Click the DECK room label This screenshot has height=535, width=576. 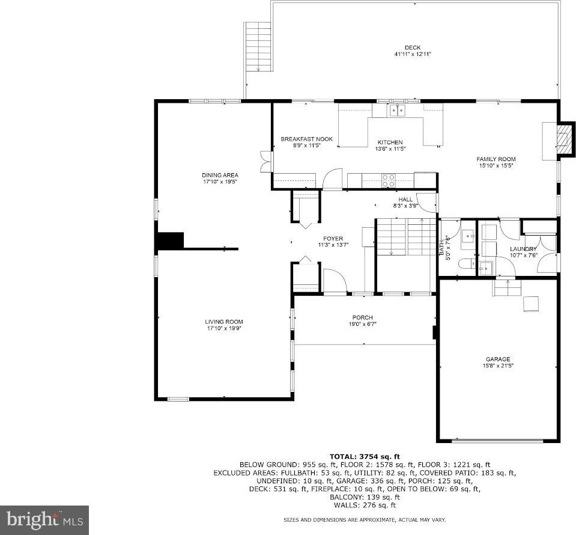coord(412,47)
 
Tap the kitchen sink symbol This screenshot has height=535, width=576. coord(397,110)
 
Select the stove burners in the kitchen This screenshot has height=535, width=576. coord(389,180)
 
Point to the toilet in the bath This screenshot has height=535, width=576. coord(466,264)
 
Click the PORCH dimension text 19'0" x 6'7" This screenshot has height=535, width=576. coord(363,324)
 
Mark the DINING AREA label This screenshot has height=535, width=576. coord(220,175)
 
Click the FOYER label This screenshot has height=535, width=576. coord(333,239)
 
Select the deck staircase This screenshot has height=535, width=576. coord(258,46)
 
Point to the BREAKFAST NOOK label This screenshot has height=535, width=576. coord(306,139)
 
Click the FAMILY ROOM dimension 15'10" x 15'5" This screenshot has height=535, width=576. coord(496,165)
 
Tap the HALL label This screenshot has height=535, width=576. coord(405,200)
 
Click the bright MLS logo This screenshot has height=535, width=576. coord(44,520)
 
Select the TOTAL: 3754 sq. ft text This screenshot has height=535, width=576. coord(365,457)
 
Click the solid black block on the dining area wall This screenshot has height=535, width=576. coord(171,240)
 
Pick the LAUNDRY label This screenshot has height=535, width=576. coord(523,249)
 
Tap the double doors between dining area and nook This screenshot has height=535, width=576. coord(265,162)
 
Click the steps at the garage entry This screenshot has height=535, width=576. coord(507,288)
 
